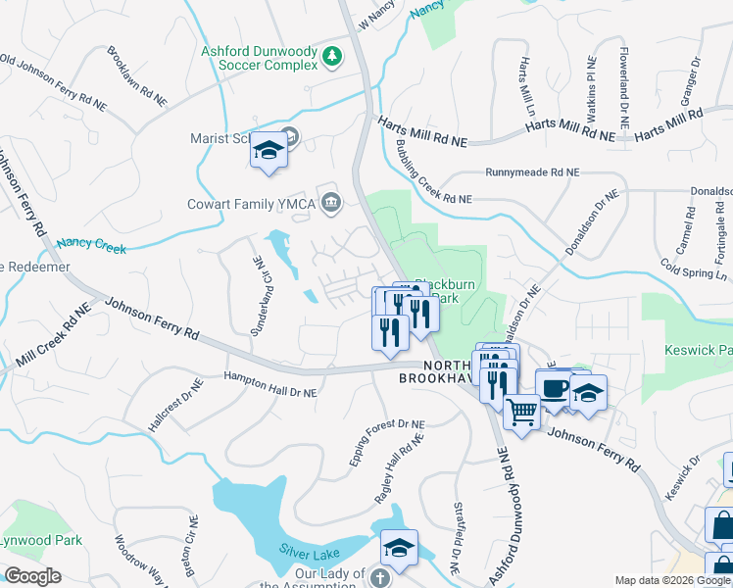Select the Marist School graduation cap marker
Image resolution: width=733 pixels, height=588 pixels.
[269, 152]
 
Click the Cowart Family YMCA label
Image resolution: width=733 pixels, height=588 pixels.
[250, 204]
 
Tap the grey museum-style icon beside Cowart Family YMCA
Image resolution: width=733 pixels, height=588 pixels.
[331, 203]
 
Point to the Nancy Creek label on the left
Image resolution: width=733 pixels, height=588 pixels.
[91, 246]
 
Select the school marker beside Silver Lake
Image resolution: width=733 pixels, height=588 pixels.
[399, 548]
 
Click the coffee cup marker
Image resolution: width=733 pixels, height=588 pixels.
[554, 387]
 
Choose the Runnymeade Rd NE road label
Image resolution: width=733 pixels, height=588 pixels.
[532, 171]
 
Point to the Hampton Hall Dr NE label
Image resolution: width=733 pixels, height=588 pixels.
[269, 383]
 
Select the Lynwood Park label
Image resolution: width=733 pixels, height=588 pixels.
[39, 540]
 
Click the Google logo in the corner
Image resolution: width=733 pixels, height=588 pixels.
[33, 575]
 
